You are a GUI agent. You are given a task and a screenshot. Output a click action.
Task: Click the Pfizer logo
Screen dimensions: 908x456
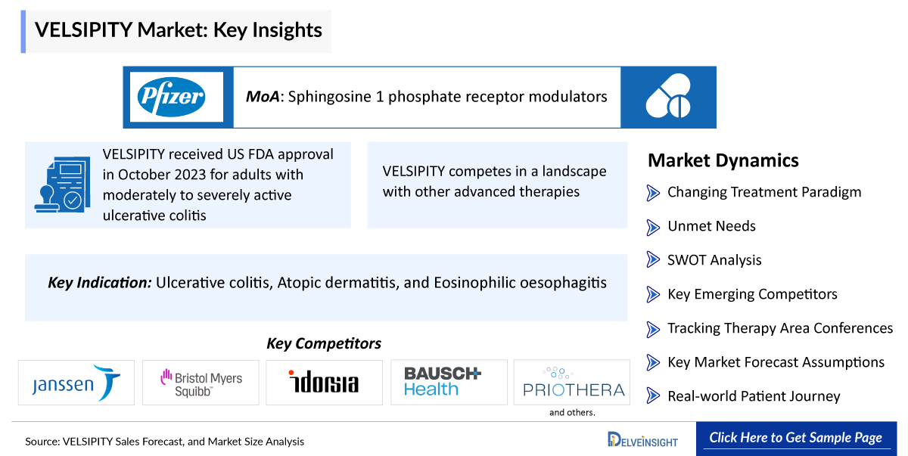pos(171,98)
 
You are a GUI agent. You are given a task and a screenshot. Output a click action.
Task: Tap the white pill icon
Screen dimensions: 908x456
pos(668,96)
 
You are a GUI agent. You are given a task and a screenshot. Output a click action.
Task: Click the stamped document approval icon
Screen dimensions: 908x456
pos(63,185)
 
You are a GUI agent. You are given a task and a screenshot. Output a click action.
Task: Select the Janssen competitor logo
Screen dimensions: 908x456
pos(76,383)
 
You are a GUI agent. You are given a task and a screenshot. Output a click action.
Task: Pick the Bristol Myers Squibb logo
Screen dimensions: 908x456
pos(201,383)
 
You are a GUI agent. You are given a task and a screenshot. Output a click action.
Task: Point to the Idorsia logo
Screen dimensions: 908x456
pos(324,381)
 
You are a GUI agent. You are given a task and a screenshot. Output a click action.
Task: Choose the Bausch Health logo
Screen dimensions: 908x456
pos(443,380)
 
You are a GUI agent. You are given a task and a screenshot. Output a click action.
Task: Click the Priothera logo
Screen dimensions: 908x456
pos(574,383)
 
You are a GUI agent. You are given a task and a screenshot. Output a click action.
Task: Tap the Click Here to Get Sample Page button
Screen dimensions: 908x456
pos(796,438)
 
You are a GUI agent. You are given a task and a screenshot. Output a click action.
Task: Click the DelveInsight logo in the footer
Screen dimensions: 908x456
pos(642,440)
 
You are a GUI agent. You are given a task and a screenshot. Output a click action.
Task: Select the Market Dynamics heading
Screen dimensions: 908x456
pos(723,160)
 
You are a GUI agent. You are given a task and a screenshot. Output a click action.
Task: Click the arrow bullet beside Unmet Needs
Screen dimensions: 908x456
pos(652,227)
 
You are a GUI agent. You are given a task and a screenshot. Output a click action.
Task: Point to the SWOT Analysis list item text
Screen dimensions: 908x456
pos(714,260)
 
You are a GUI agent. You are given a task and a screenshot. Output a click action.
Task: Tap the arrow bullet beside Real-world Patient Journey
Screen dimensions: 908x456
pos(652,396)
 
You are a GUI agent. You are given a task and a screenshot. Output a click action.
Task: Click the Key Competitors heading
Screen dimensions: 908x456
pos(324,343)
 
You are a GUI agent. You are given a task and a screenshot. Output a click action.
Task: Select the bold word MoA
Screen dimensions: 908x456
pos(263,97)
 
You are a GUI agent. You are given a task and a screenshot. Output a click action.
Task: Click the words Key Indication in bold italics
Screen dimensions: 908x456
pos(100,283)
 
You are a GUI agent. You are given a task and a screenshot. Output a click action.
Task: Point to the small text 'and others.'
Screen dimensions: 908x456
pos(572,413)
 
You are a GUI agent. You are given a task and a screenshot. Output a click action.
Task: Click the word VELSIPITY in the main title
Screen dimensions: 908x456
pos(83,30)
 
